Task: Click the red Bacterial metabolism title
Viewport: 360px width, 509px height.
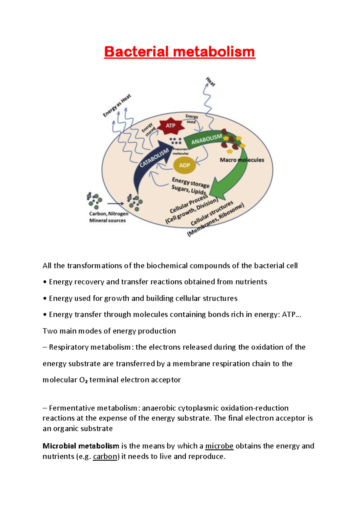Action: (x=179, y=52)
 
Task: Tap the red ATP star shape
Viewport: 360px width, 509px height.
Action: (x=171, y=126)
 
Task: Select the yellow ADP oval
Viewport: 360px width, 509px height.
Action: (x=184, y=165)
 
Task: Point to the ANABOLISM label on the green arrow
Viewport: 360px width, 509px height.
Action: (x=207, y=139)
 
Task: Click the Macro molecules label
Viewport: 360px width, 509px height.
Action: (x=242, y=160)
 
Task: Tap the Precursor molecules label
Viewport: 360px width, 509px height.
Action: (x=181, y=151)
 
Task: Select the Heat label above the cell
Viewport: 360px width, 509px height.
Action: (x=211, y=82)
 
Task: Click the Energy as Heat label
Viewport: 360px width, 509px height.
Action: (x=117, y=105)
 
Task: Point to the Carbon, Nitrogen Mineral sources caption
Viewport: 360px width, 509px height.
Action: (x=108, y=217)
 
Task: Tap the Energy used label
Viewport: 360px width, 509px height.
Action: (x=192, y=119)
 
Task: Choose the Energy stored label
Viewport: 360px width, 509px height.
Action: (x=148, y=130)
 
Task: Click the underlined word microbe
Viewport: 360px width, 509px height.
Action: (x=219, y=446)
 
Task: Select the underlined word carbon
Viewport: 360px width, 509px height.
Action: (x=105, y=456)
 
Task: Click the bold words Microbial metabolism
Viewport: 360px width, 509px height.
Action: (x=81, y=446)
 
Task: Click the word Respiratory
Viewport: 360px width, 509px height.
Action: (x=68, y=347)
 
